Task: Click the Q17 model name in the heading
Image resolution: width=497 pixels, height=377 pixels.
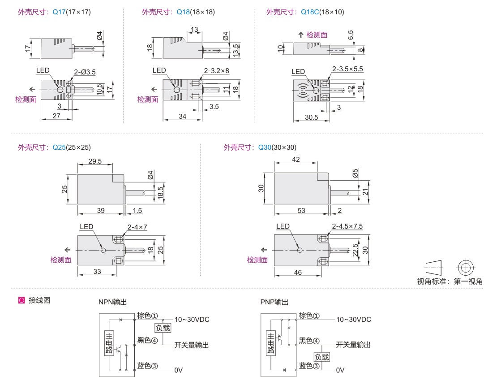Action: point(59,12)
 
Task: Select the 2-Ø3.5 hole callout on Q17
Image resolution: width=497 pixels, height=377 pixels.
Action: point(85,72)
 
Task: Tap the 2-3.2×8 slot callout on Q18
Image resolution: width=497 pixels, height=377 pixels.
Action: point(217,70)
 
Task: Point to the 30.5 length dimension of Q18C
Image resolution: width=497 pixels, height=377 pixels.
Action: point(311,117)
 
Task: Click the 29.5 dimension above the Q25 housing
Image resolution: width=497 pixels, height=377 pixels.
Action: point(95,161)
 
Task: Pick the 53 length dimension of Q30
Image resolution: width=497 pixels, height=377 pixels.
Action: point(301,210)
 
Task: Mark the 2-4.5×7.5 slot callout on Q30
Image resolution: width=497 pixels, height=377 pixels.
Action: point(347,226)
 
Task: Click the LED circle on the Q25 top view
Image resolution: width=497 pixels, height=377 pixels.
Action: point(103,250)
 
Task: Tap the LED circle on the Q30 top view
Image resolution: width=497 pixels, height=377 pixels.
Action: point(300,250)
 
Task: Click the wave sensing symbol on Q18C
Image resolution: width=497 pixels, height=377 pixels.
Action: point(302,90)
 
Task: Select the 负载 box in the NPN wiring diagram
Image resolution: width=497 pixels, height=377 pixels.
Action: point(163,328)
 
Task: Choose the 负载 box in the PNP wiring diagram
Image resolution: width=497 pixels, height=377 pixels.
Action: point(322,357)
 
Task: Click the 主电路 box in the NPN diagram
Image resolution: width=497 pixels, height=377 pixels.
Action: point(109,343)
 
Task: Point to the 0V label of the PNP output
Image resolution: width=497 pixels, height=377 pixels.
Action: point(340,370)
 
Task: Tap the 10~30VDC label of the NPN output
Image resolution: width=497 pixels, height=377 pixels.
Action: point(192,320)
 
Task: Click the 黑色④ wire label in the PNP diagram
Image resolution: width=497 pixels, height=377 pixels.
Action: point(309,341)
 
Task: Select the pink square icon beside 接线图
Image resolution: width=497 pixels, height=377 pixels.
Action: point(21,300)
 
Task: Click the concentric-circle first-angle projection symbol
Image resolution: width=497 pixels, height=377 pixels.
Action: point(466,268)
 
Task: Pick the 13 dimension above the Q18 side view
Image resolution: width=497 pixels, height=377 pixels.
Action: point(194,30)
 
